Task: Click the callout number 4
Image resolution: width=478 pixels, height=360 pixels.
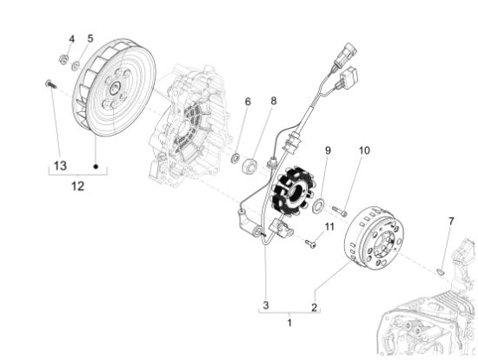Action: click(x=71, y=38)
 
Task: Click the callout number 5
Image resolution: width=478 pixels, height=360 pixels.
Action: click(x=89, y=38)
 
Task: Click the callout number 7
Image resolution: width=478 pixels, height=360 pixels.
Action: click(x=451, y=223)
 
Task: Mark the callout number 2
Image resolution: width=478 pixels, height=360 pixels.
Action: click(x=315, y=305)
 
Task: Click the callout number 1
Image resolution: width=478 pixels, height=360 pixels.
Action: click(x=290, y=323)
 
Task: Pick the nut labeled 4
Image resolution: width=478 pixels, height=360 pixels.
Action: click(x=64, y=59)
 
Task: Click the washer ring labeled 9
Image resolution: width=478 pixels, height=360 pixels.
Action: click(x=321, y=205)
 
